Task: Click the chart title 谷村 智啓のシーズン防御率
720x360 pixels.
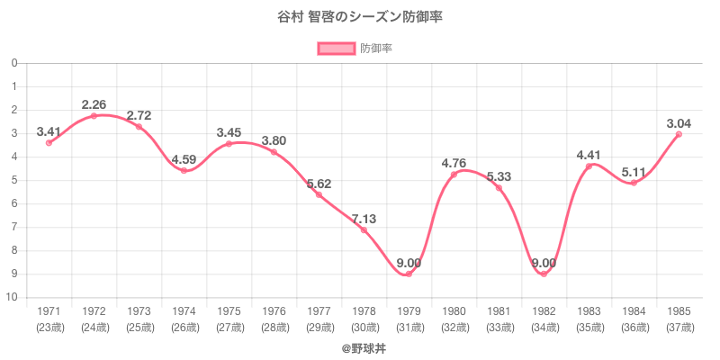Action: pyautogui.click(x=360, y=17)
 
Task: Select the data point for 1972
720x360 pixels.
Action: pyautogui.click(x=94, y=116)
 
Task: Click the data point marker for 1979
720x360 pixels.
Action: pyautogui.click(x=409, y=274)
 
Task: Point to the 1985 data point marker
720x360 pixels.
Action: pyautogui.click(x=679, y=134)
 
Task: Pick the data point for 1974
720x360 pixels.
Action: pyautogui.click(x=184, y=170)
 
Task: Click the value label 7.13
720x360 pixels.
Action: pyautogui.click(x=364, y=219)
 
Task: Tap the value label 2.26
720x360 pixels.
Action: pyautogui.click(x=94, y=104)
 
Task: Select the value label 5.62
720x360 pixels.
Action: pyautogui.click(x=319, y=184)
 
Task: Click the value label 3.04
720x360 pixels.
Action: pyautogui.click(x=679, y=122)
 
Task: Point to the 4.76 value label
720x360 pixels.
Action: pyautogui.click(x=454, y=163)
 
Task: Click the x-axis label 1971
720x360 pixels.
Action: pyautogui.click(x=49, y=311)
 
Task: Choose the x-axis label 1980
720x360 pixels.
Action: pyautogui.click(x=454, y=311)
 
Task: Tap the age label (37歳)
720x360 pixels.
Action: pyautogui.click(x=679, y=327)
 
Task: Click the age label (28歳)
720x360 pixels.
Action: pyautogui.click(x=274, y=327)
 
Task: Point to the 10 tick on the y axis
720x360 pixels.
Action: pyautogui.click(x=13, y=298)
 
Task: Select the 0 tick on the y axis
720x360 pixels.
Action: pyautogui.click(x=15, y=64)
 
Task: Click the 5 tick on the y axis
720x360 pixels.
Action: pyautogui.click(x=15, y=181)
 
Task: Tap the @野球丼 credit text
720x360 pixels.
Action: pyautogui.click(x=360, y=346)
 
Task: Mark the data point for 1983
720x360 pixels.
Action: pyautogui.click(x=589, y=166)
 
